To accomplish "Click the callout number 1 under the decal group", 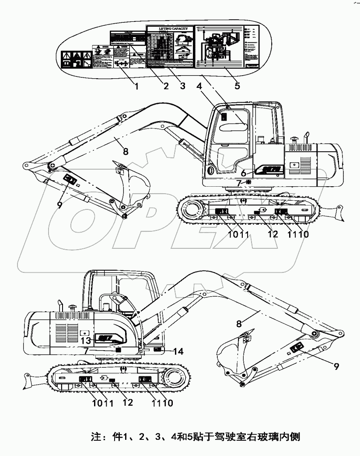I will tap(136, 86).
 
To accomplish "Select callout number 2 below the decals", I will tap(166, 86).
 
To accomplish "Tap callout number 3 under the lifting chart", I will tap(183, 86).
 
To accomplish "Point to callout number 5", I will tap(237, 86).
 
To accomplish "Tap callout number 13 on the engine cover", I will tap(86, 340).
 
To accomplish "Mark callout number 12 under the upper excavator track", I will tap(273, 234).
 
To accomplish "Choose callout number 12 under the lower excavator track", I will tap(127, 403).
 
